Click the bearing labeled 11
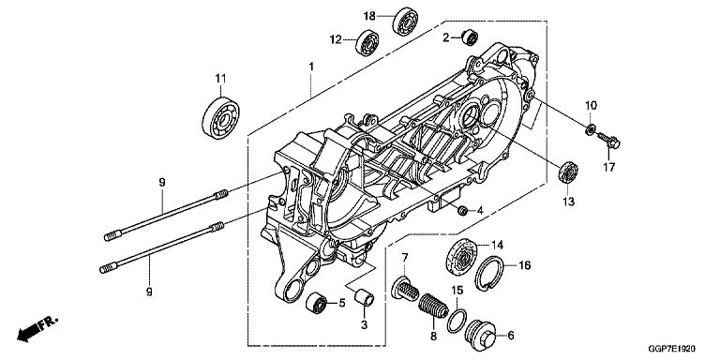pos(221,117)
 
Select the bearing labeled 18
pos(405,22)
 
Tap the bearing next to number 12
pos(367,43)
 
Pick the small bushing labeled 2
pos(470,37)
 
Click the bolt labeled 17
pos(608,140)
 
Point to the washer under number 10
pos(591,129)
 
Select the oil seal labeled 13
pos(568,172)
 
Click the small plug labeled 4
pos(463,211)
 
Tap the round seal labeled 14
pos(462,258)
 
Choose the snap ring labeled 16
pos(489,274)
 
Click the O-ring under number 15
pos(457,321)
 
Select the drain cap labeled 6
pos(481,335)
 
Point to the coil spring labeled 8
pos(434,307)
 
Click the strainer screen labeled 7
pos(405,289)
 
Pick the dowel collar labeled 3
pos(365,297)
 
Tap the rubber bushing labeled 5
pos(316,303)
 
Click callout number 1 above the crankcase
pos(311,67)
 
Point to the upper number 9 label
pos(161,183)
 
